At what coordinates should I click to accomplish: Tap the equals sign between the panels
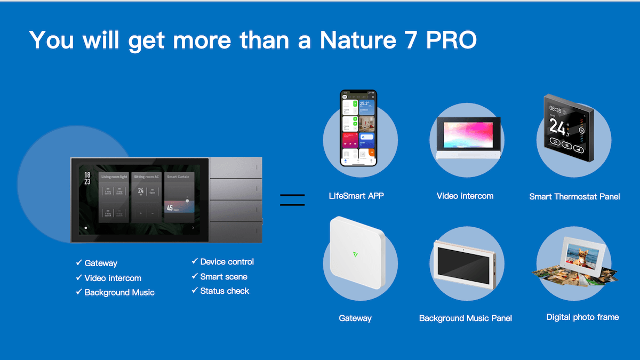[x=292, y=200]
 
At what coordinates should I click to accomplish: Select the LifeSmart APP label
[x=356, y=196]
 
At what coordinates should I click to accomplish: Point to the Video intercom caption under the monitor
[x=465, y=196]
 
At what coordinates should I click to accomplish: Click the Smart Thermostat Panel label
[x=574, y=196]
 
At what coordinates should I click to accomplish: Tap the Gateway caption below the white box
[x=355, y=318]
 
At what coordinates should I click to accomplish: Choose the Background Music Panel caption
[x=465, y=318]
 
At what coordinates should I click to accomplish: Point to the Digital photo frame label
[x=582, y=317]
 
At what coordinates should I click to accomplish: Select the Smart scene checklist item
[x=223, y=276]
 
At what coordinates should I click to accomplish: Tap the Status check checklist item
[x=225, y=291]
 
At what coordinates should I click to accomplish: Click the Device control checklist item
[x=227, y=262]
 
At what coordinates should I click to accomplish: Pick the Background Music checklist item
[x=119, y=292]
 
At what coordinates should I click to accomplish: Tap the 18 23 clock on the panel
[x=87, y=178]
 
